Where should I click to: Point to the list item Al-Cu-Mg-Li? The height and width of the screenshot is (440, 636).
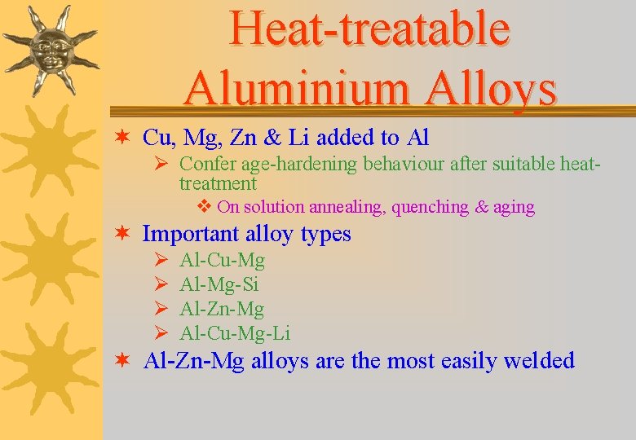(x=235, y=332)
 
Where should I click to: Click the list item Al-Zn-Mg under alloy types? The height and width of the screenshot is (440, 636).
(x=222, y=309)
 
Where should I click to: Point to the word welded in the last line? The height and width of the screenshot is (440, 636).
(x=540, y=360)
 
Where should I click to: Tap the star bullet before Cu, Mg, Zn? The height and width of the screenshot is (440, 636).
(x=121, y=137)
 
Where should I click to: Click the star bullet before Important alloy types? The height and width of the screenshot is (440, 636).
(x=121, y=234)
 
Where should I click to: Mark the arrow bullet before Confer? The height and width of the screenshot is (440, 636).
(x=161, y=164)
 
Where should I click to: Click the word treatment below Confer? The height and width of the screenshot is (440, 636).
(x=218, y=184)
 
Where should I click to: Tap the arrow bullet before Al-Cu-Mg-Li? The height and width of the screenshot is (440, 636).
(x=161, y=332)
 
